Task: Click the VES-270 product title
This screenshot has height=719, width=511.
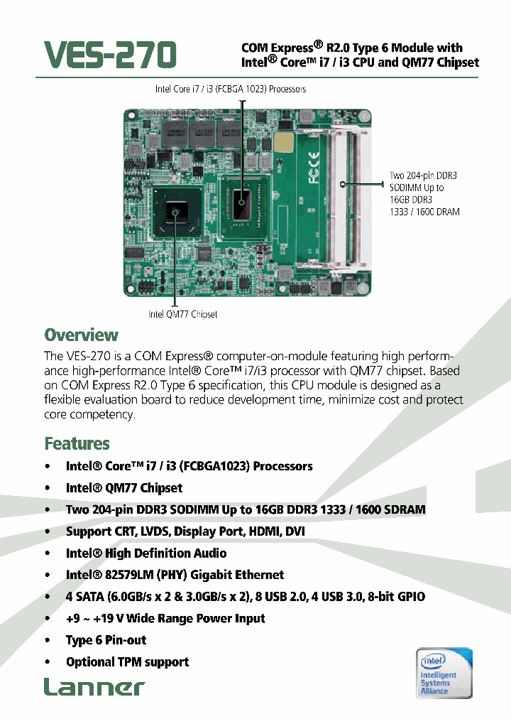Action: coord(110,54)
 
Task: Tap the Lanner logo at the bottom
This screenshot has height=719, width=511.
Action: coord(94,686)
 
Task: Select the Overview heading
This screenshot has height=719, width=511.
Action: coord(81,335)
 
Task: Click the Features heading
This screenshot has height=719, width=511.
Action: coord(77,443)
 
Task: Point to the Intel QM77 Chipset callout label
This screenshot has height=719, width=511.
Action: coord(182,314)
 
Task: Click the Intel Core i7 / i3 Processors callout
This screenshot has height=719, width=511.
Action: coord(231,90)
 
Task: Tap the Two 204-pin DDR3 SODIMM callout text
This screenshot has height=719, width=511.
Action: coord(424,193)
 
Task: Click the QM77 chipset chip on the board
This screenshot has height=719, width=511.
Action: coord(175,210)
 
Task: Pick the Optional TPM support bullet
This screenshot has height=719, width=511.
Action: coord(127,662)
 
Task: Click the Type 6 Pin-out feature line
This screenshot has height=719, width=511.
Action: coord(106,640)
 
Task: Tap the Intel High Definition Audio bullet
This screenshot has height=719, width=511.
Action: coord(146,553)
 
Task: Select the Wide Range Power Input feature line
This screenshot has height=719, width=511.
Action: coord(165,618)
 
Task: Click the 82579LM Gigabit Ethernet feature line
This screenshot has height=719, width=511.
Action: coord(175,575)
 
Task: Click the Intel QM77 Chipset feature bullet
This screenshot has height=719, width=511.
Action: coord(123,488)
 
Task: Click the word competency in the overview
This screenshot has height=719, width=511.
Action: coord(101,414)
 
